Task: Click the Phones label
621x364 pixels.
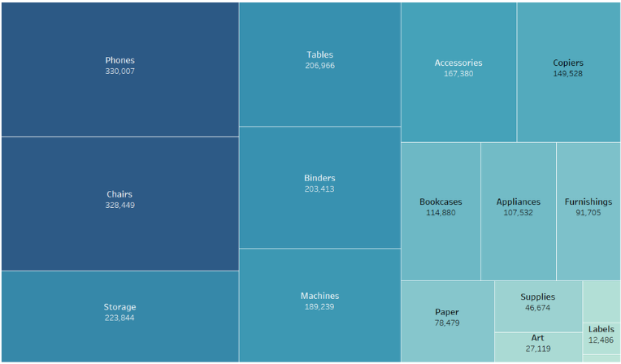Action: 119,60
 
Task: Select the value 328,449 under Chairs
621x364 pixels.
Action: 119,206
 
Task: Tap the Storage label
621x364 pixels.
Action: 119,307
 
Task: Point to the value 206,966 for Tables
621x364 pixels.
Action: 319,66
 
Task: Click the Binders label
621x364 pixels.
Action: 319,178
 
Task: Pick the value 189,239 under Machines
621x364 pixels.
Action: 319,307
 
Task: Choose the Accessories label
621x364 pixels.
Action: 458,63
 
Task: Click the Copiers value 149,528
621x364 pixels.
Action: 568,74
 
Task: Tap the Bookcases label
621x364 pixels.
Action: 441,201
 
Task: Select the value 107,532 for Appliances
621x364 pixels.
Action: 518,213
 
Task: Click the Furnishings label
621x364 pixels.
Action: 588,201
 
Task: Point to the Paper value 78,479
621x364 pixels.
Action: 447,323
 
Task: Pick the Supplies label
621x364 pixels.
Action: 537,297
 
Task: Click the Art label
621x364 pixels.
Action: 537,337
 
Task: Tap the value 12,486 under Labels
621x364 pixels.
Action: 601,340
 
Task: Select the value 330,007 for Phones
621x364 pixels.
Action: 119,71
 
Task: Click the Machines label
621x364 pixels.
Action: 319,296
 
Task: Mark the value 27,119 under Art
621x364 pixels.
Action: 537,349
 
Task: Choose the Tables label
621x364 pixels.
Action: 319,54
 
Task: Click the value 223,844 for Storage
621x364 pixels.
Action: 119,318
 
